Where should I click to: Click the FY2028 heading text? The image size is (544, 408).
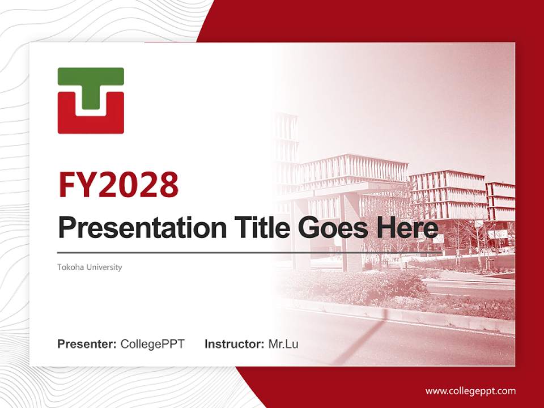tap(118, 185)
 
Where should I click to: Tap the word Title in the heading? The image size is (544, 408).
tap(252, 228)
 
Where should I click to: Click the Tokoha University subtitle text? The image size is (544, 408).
tap(90, 267)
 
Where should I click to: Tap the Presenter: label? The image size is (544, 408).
tap(87, 344)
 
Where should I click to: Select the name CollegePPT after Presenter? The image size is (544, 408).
tap(152, 344)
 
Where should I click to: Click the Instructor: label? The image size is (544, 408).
tap(234, 344)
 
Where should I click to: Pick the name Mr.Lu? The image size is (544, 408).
tap(283, 344)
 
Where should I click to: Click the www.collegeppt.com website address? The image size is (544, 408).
tap(470, 390)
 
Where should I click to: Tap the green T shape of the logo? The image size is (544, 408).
tap(91, 85)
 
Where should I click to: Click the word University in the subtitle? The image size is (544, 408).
tap(105, 267)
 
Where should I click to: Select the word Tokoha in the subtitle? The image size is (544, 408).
tap(69, 267)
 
